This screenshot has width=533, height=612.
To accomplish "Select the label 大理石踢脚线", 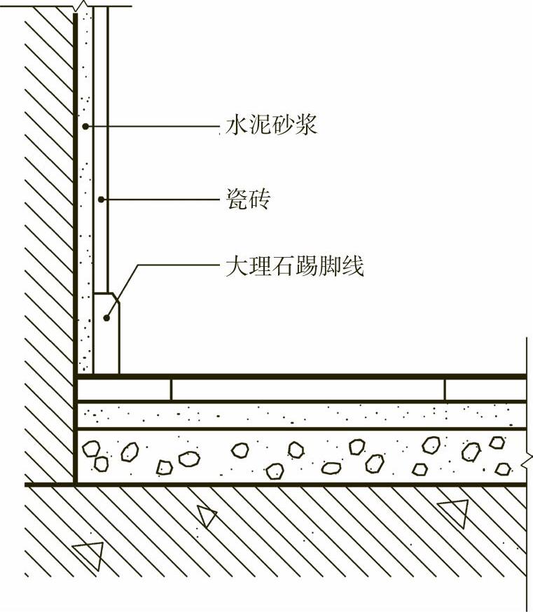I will tap(295, 266).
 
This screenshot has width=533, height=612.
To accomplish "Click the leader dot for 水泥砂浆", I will tap(84, 126).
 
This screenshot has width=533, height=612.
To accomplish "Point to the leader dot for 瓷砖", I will tap(101, 200).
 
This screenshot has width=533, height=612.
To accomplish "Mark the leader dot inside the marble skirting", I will tap(106, 319).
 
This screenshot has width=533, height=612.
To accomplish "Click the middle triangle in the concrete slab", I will tap(206, 516).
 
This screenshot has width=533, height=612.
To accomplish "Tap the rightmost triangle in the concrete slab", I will tap(454, 513).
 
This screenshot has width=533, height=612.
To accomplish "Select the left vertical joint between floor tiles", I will tap(172, 389).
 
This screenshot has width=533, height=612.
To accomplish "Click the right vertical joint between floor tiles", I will tap(445, 389).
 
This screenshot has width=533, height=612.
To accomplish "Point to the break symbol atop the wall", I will tap(83, 7).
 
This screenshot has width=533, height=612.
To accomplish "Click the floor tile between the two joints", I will tap(308, 389).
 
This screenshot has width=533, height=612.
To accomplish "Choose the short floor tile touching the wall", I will tap(125, 389).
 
